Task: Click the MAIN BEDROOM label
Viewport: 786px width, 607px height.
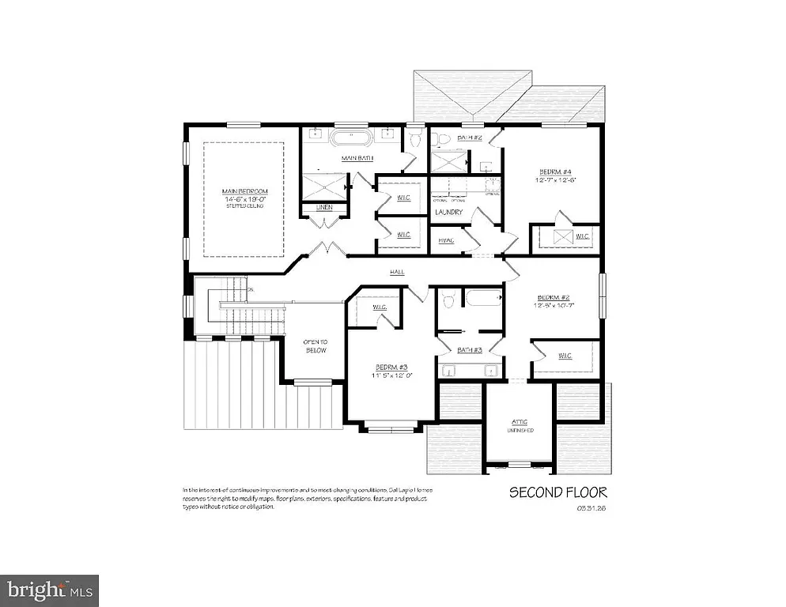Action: click(244, 191)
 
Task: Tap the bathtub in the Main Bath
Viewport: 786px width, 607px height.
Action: click(349, 139)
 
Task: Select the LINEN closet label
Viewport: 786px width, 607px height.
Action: click(323, 208)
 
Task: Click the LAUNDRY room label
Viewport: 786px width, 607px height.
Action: click(448, 212)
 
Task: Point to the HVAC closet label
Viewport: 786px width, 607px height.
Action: click(446, 240)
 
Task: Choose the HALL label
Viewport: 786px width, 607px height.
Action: click(397, 271)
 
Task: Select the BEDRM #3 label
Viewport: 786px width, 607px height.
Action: click(391, 368)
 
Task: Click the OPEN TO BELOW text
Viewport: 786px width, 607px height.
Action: click(316, 345)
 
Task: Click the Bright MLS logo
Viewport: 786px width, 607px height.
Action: click(49, 590)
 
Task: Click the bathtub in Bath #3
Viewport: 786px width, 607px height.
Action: click(483, 299)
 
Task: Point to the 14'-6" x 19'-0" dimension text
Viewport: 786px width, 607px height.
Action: click(244, 201)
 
